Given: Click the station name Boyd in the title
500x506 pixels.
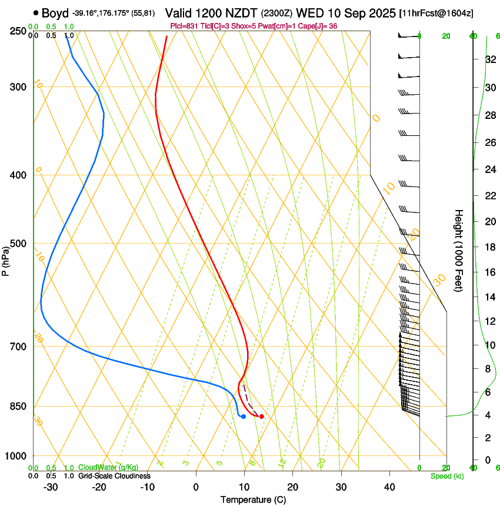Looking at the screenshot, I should (x=55, y=13).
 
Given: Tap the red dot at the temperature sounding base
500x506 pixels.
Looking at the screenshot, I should (x=261, y=417).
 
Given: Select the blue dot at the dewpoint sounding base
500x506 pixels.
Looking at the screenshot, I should (x=243, y=417).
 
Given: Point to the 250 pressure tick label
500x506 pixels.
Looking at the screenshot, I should (x=18, y=31).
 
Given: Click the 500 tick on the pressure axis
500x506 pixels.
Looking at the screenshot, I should (x=18, y=244).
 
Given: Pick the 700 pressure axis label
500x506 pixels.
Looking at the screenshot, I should (x=18, y=346).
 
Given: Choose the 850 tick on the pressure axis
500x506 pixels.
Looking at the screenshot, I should (x=18, y=406).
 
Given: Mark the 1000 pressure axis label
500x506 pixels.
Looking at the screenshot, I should (x=16, y=456).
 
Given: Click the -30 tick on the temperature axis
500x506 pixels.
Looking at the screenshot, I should (x=51, y=487).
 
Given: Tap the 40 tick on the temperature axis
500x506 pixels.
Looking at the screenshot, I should (x=389, y=487).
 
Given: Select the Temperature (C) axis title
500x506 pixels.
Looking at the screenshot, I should (x=253, y=500).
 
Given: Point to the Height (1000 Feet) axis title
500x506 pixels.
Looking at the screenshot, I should (x=459, y=250).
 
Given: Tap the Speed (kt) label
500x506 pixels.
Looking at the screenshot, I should (x=446, y=476).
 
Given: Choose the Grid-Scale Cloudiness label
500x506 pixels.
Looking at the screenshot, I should (x=114, y=476).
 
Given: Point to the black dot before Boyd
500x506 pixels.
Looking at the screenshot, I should (x=36, y=12).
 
